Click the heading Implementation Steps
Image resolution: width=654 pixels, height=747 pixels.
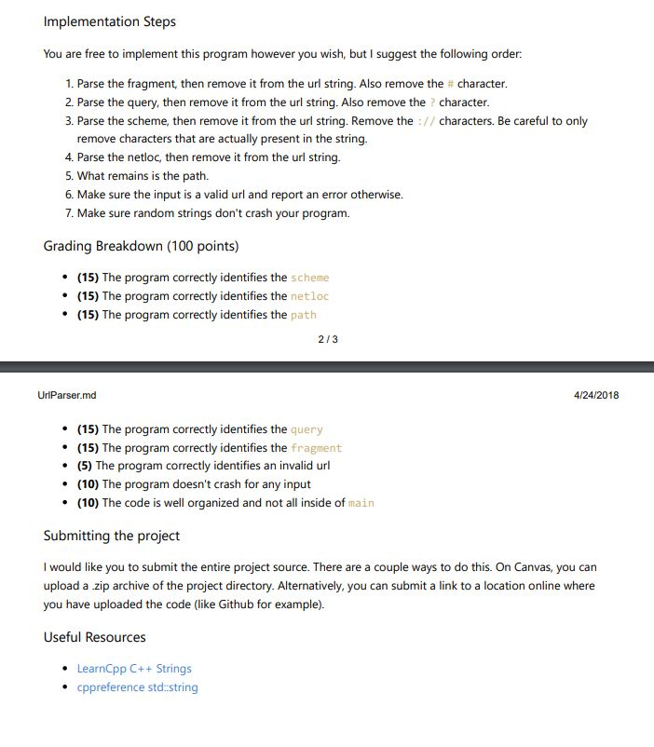click(110, 21)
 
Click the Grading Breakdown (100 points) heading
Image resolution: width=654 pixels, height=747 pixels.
click(141, 246)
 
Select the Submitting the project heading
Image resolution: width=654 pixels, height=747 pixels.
click(112, 536)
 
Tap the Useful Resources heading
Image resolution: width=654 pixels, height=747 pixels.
click(94, 637)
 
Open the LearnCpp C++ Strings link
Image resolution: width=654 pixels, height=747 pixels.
click(134, 669)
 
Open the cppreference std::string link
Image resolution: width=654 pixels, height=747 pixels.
click(137, 687)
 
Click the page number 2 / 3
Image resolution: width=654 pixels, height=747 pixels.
click(327, 339)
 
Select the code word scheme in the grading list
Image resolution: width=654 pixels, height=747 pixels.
click(310, 278)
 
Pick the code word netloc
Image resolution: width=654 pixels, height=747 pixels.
click(310, 296)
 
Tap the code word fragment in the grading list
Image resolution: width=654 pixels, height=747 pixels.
click(317, 448)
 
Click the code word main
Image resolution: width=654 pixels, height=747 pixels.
click(361, 503)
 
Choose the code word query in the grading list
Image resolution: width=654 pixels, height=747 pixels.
click(307, 429)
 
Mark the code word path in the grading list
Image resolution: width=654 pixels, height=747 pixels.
click(304, 315)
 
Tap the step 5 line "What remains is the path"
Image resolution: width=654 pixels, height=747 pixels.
click(150, 176)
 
